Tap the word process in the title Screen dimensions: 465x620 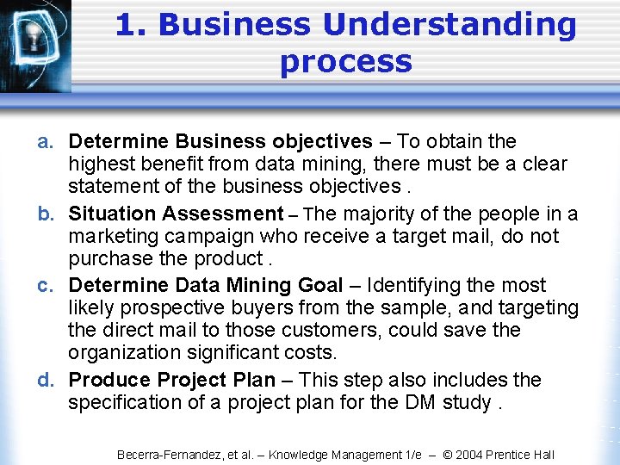coord(345,62)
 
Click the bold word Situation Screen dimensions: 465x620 coord(113,214)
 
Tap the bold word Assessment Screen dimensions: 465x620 coord(223,214)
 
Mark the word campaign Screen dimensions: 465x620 coord(208,237)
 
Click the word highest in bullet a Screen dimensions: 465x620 coord(101,164)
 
